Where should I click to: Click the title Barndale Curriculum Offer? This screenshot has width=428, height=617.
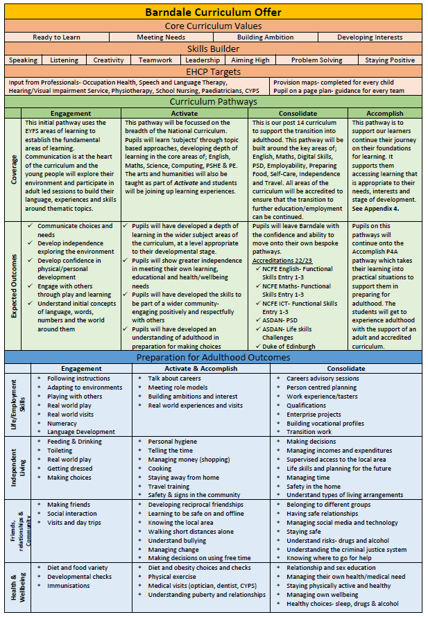(x=214, y=12)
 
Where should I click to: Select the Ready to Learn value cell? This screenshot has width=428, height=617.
(x=57, y=37)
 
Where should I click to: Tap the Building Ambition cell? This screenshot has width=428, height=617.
(x=264, y=37)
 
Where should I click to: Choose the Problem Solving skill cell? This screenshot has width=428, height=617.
(x=316, y=60)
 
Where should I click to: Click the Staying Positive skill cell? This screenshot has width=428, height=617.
(x=390, y=60)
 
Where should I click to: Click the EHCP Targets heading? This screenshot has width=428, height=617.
(x=214, y=71)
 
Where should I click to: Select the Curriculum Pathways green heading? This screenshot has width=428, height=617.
(x=214, y=102)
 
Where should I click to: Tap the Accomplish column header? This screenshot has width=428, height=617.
(x=384, y=113)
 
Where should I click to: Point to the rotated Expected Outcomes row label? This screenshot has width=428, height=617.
(x=14, y=285)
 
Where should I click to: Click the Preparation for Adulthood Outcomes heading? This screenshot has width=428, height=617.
(x=214, y=358)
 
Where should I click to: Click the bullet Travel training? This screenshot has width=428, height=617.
(x=169, y=486)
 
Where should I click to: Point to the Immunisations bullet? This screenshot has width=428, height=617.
(x=69, y=586)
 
